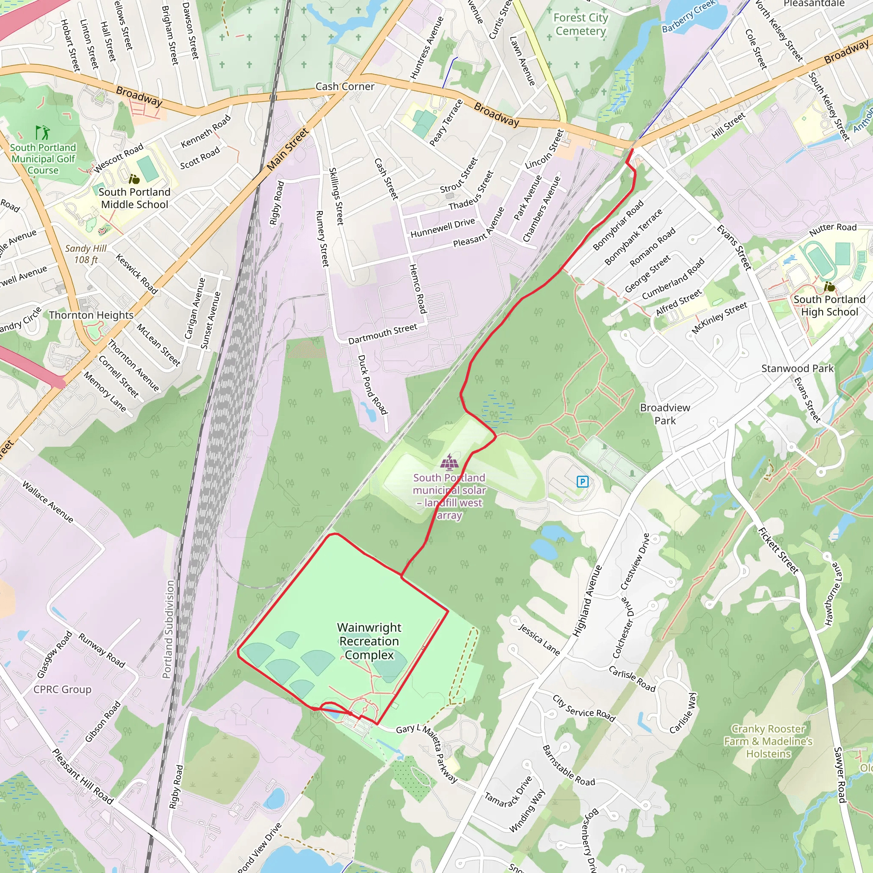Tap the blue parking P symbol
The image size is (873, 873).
(582, 482)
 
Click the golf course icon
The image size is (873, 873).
(43, 133)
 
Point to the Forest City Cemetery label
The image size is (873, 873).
(581, 24)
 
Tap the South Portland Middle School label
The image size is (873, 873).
(134, 198)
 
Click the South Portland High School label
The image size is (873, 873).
(829, 306)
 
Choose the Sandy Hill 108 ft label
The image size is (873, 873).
(86, 254)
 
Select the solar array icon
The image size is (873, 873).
(449, 462)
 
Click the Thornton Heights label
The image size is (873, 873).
(91, 315)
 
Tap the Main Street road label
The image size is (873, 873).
(287, 150)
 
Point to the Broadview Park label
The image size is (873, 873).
(665, 414)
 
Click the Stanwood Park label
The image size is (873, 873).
(797, 368)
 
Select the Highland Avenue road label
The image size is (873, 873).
(587, 601)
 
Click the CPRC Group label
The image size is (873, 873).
(62, 689)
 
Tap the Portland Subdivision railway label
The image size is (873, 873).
(168, 629)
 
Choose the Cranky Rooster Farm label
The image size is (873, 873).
(768, 741)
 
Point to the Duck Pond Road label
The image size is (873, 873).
(372, 384)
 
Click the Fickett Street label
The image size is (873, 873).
(778, 550)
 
